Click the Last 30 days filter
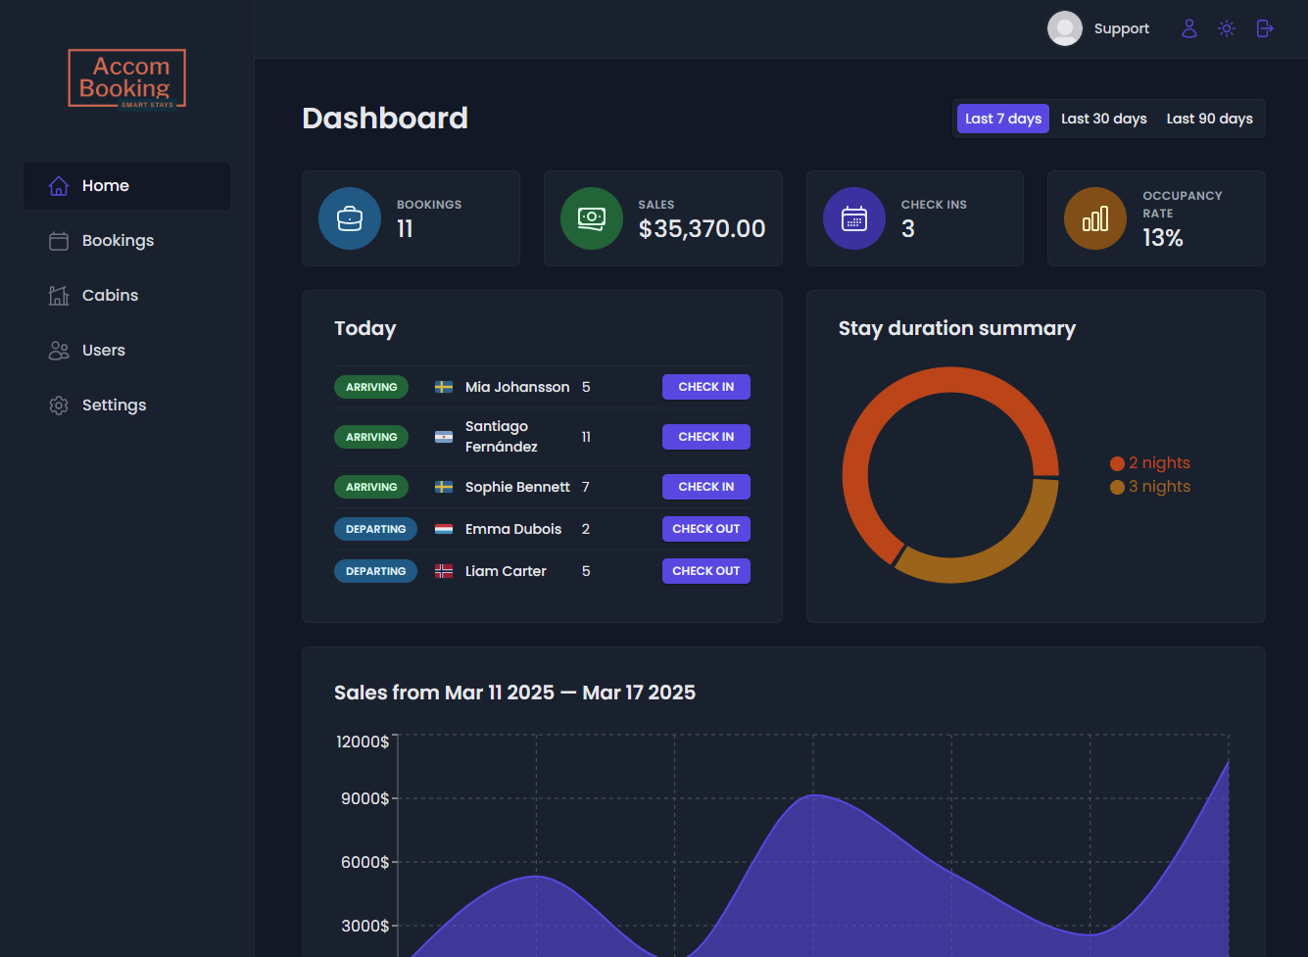(x=1103, y=119)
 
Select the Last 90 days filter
(x=1209, y=119)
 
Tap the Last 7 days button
(x=1002, y=119)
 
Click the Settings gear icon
(x=59, y=406)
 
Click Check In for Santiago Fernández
(x=706, y=437)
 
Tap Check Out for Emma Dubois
(x=706, y=529)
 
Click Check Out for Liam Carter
(x=706, y=571)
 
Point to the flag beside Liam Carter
(x=444, y=571)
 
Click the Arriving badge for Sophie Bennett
(x=371, y=487)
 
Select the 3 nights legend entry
(x=1150, y=487)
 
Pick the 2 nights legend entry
(x=1150, y=463)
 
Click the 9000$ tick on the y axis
(x=364, y=798)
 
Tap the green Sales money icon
(x=592, y=218)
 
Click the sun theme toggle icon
(x=1227, y=28)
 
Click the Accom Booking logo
(x=126, y=78)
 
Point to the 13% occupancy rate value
(x=1163, y=238)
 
